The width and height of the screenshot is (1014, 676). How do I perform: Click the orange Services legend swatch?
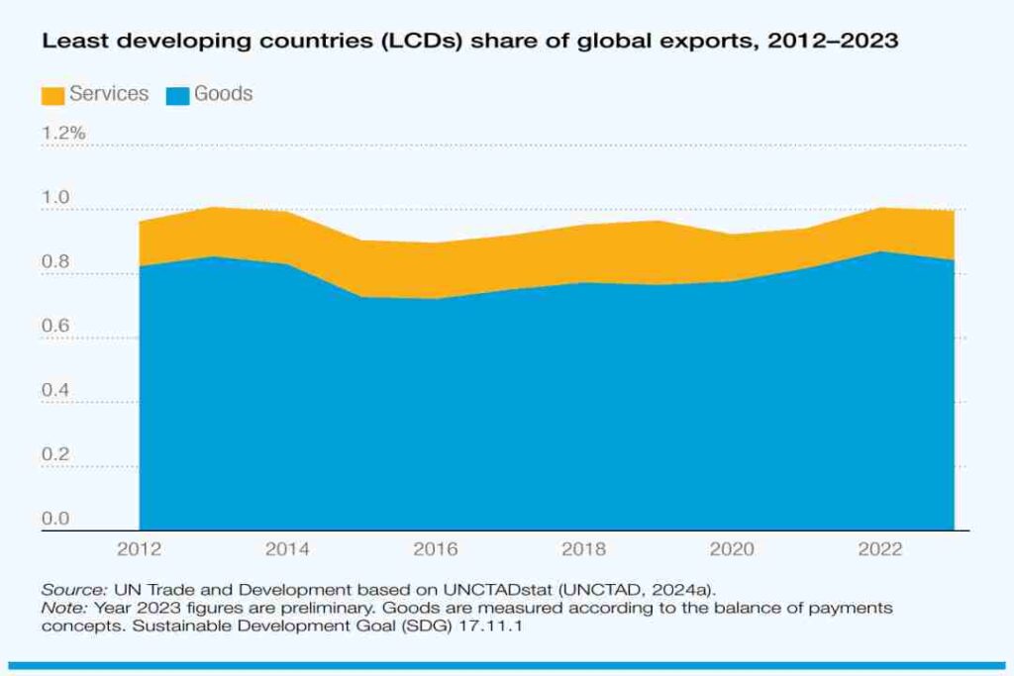51,95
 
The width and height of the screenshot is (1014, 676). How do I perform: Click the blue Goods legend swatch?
177,95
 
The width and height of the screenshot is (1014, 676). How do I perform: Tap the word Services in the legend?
109,94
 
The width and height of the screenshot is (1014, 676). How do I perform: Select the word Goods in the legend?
223,94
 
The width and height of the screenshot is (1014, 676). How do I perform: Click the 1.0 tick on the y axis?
55,198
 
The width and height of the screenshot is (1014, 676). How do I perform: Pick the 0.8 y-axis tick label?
55,262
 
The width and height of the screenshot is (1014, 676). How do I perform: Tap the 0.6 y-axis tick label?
55,327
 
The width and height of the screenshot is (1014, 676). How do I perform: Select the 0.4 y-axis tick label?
55,391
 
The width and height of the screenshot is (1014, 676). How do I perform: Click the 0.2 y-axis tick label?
55,455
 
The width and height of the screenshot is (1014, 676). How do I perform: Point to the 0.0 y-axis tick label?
55,519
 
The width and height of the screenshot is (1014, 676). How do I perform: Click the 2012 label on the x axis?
139,548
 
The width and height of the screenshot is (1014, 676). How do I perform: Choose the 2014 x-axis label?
287,548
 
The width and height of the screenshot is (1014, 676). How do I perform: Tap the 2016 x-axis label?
436,548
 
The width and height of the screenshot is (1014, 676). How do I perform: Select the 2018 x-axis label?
584,548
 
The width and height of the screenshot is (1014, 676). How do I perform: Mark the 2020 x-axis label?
732,548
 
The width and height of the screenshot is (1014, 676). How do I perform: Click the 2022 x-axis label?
880,548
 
